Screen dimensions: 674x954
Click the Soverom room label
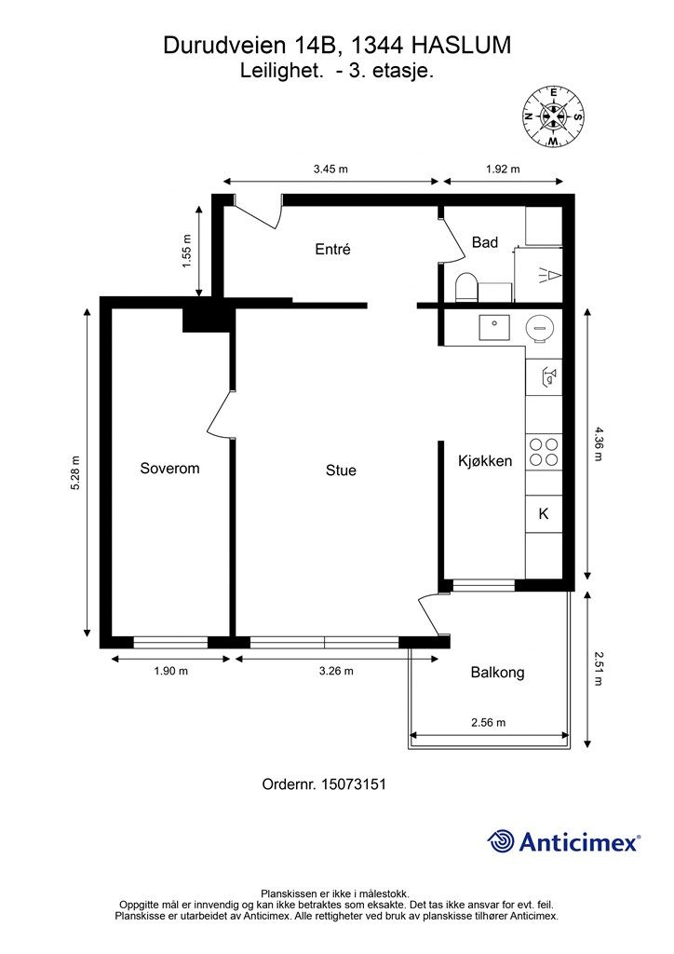click(169, 468)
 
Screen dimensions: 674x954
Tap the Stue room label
click(341, 470)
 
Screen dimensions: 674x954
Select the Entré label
click(332, 249)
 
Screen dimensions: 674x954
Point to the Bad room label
click(485, 242)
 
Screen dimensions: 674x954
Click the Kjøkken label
click(485, 461)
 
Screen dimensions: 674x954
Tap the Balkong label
click(497, 673)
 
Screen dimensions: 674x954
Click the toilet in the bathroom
click(466, 287)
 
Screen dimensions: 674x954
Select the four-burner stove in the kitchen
click(544, 452)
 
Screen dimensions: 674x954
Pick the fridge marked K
click(544, 514)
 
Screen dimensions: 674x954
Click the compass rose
click(553, 116)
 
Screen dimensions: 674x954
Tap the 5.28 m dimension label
click(75, 472)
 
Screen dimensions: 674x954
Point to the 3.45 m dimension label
click(330, 170)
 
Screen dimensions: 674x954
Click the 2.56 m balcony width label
click(489, 723)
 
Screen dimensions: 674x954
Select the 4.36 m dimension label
click(598, 444)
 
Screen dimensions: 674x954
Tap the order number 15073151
click(355, 784)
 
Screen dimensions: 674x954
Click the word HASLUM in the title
click(462, 46)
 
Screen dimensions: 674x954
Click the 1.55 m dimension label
click(186, 252)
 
